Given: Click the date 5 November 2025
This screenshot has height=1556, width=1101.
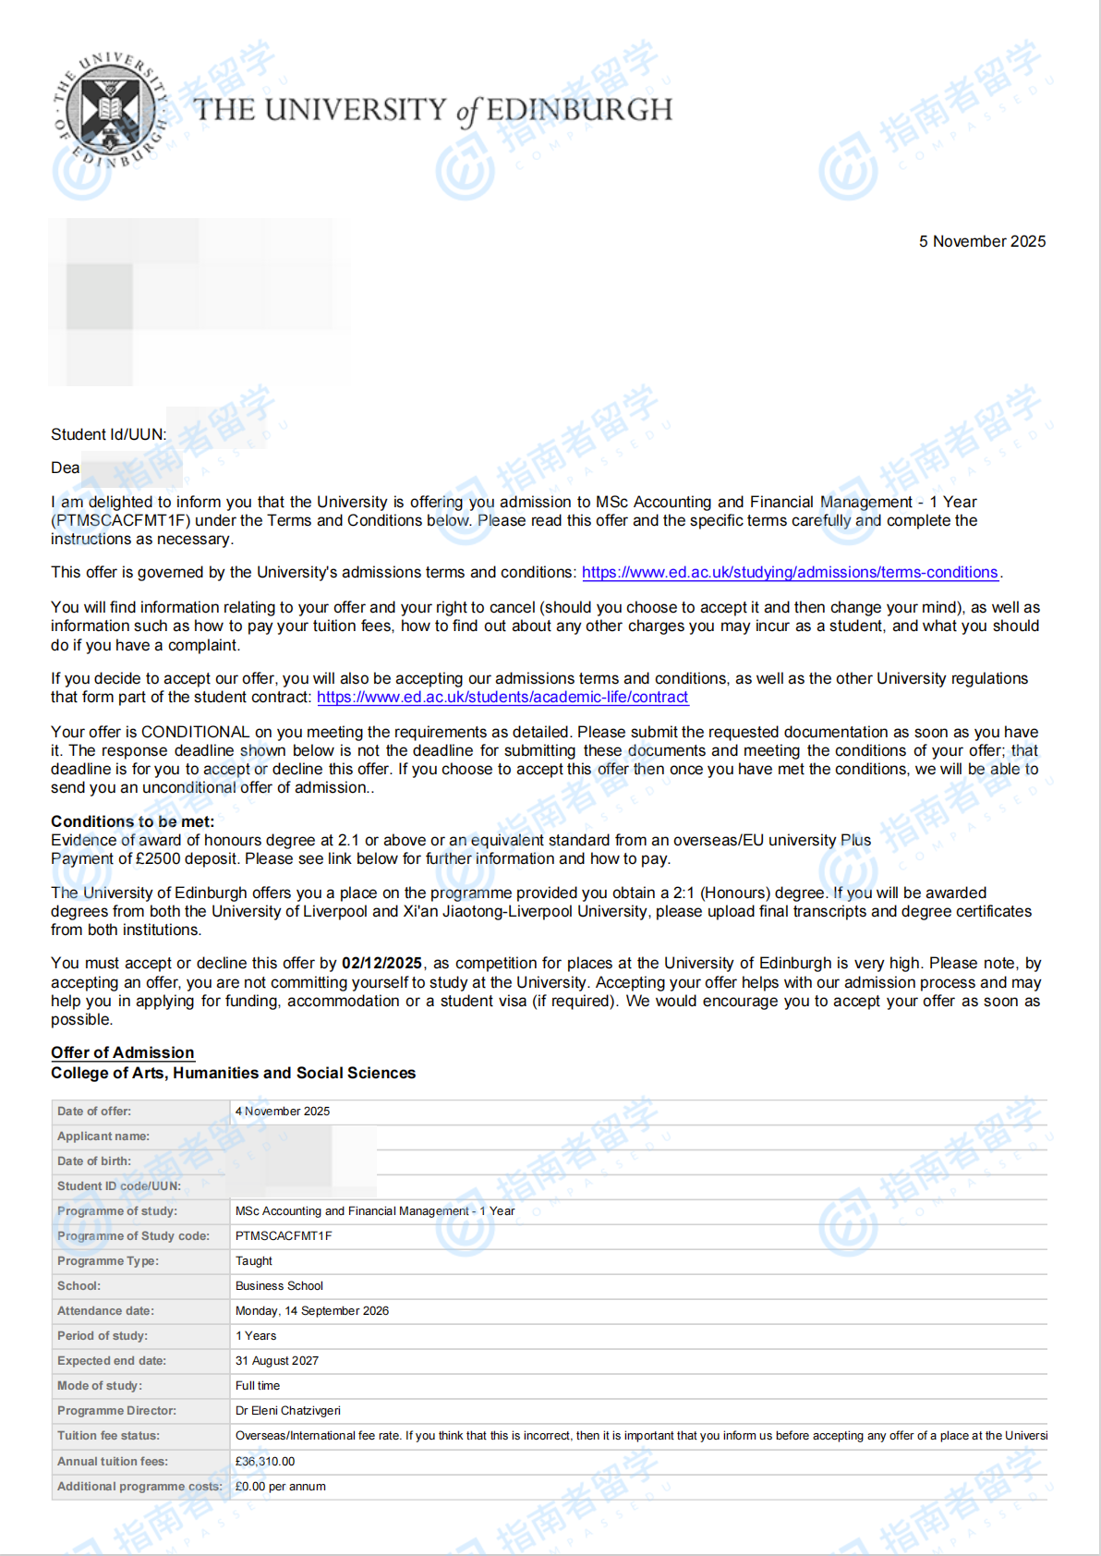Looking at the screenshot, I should click(982, 241).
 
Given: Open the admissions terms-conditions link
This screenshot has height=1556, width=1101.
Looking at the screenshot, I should click(790, 573).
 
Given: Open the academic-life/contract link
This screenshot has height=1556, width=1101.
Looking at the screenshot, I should click(502, 698).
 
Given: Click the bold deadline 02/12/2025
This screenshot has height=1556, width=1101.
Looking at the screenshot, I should click(381, 963).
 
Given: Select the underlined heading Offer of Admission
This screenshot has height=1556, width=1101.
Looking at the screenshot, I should click(123, 1052).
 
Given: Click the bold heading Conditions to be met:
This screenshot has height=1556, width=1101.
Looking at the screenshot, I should click(132, 821).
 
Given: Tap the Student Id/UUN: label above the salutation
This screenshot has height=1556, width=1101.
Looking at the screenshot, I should click(109, 434).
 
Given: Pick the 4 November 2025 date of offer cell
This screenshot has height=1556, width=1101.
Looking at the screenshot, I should click(283, 1112).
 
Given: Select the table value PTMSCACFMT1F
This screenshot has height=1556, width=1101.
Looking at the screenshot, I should click(284, 1236).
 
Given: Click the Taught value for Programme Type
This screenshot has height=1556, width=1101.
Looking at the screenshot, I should click(254, 1261).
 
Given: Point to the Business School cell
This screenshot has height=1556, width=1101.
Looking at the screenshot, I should click(279, 1286).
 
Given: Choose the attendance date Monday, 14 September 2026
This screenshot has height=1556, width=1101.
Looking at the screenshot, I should click(312, 1311).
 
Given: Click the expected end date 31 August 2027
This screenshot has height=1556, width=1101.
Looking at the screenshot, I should click(277, 1361).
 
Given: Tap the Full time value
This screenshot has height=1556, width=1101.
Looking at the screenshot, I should click(258, 1386).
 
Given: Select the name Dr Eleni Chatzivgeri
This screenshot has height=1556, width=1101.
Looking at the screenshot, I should click(288, 1411).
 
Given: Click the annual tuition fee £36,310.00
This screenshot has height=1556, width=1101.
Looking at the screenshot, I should click(265, 1462).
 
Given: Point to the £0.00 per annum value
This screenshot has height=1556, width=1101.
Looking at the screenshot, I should click(281, 1487).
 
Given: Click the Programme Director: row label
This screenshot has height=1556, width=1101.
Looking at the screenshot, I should click(116, 1411).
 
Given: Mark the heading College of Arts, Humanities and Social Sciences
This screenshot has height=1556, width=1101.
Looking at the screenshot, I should click(233, 1073).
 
